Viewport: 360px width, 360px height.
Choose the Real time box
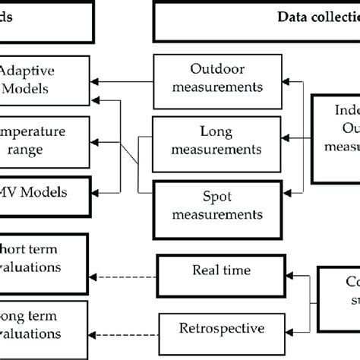point(210,271)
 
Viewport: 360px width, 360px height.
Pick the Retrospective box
point(210,328)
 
